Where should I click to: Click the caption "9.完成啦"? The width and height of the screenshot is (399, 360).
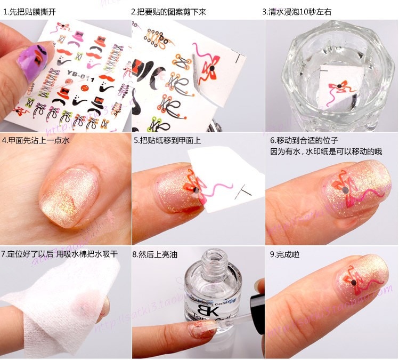pos(285,255)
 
